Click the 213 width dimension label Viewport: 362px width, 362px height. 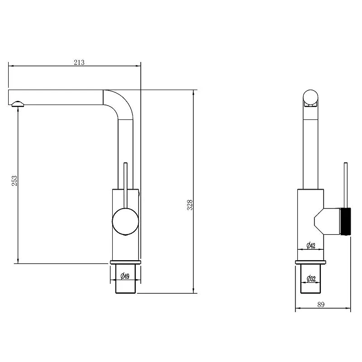point(79,62)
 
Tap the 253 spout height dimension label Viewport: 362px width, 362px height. point(14,181)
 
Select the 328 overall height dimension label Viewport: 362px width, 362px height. point(190,205)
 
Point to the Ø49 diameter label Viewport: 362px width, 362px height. point(125,276)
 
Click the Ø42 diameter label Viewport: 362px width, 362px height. point(311,245)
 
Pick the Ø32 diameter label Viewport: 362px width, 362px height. point(311,279)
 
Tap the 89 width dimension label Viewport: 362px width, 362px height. point(321,305)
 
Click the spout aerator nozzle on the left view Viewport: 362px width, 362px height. point(18,104)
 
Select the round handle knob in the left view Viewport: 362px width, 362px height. point(125,221)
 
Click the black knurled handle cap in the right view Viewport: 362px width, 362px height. point(345,221)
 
